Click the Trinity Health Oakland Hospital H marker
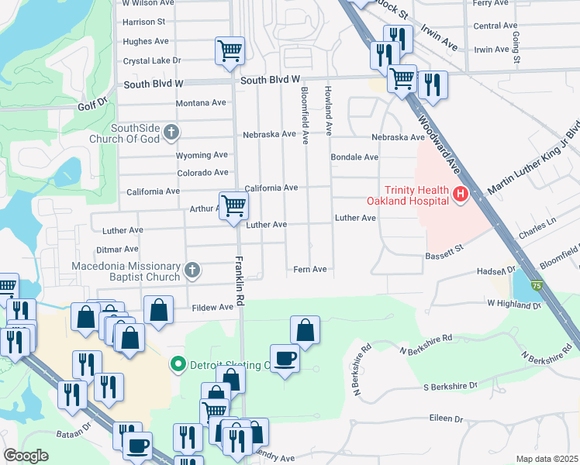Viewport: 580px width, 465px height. tap(460, 194)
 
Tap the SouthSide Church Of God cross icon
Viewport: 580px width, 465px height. tap(171, 133)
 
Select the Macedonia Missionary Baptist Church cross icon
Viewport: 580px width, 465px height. tap(192, 270)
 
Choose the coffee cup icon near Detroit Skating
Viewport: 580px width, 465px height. tap(285, 357)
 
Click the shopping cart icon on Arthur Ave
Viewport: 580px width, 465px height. tap(233, 205)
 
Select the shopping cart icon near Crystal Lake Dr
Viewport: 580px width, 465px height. tap(230, 50)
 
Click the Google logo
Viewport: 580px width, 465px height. tap(26, 456)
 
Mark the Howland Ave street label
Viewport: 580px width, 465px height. tap(329, 109)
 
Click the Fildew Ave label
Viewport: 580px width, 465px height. tap(212, 308)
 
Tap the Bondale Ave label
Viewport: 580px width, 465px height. tap(354, 157)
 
